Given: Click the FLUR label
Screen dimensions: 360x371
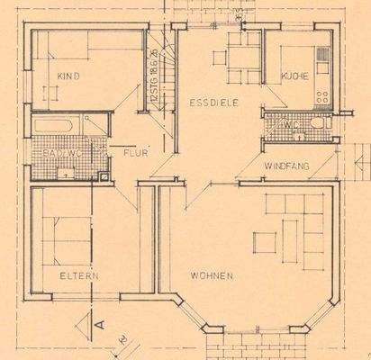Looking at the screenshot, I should coord(134,153).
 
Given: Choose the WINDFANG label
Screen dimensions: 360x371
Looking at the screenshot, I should coord(286,167).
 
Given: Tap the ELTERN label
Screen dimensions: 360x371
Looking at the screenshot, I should coord(78,275).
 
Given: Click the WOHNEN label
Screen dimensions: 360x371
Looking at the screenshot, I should coord(213,274).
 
